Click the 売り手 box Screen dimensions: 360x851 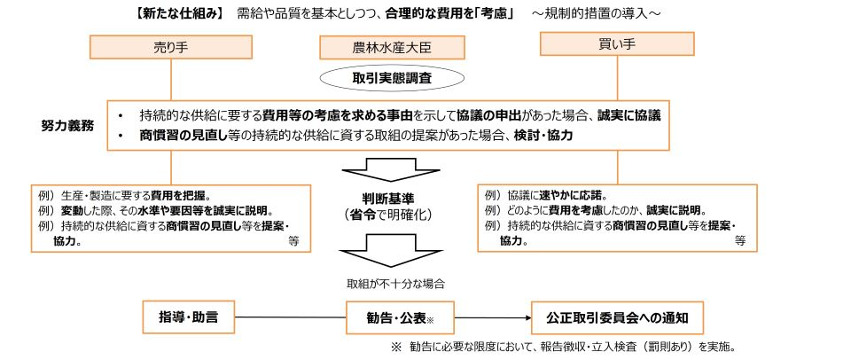(x=160, y=47)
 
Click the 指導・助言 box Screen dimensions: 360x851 (x=190, y=316)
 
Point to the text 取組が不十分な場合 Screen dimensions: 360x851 (x=390, y=284)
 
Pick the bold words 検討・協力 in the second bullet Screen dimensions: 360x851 (x=543, y=135)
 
